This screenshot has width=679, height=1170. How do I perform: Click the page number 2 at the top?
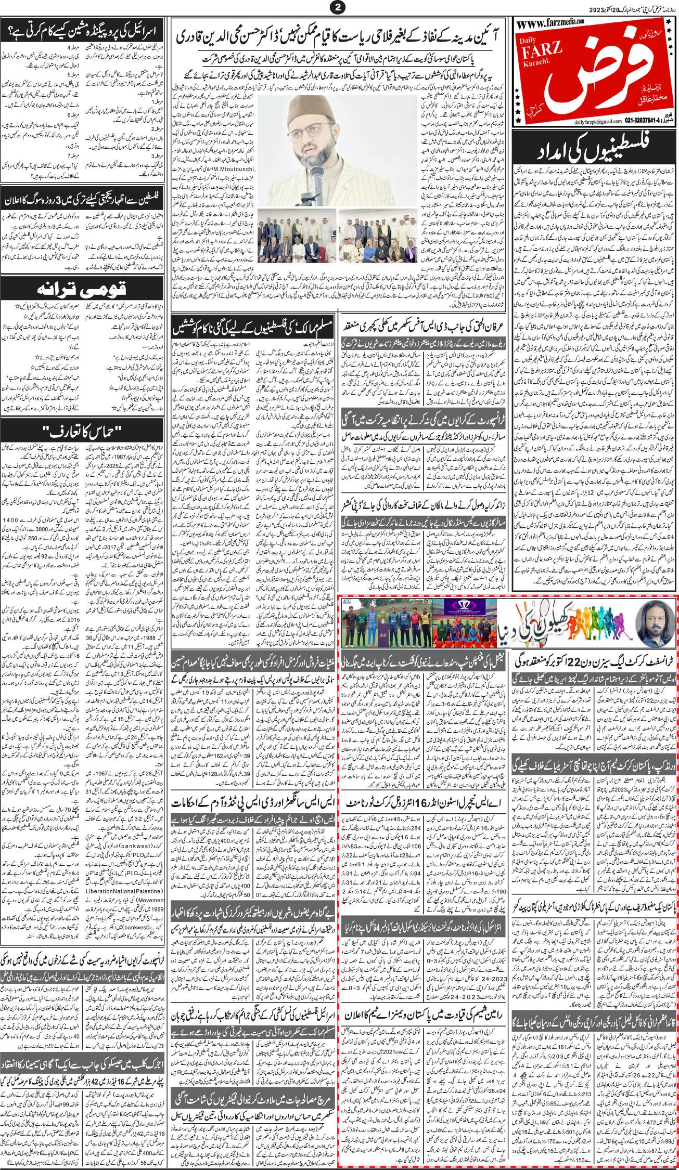[340, 7]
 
